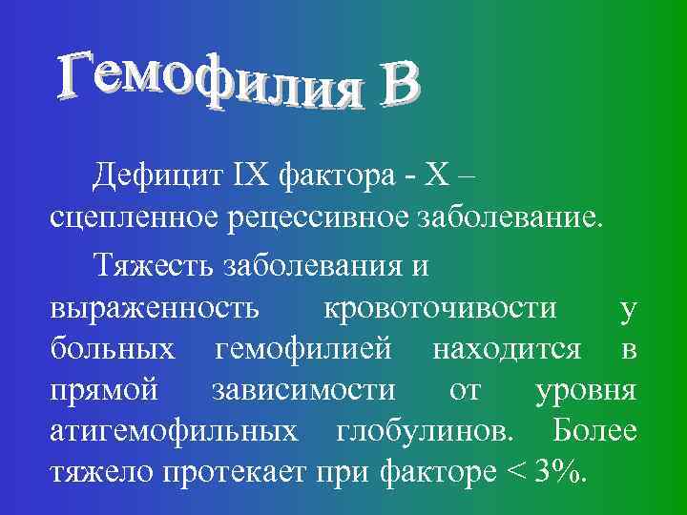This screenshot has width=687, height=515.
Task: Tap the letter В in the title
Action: tap(397, 87)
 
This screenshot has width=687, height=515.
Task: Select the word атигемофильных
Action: tap(173, 431)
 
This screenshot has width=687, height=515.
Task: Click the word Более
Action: tap(594, 431)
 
